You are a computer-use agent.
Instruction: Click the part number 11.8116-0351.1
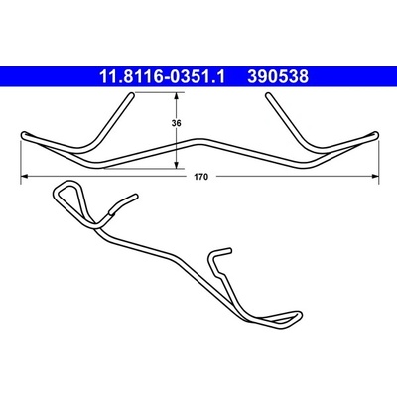(x=162, y=77)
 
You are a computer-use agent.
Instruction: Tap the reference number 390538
(x=278, y=77)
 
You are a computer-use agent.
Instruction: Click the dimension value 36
(x=177, y=123)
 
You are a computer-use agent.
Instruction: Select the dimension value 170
(x=201, y=177)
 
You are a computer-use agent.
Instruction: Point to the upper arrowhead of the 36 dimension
(x=177, y=96)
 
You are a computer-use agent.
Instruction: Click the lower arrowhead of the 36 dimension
(x=177, y=164)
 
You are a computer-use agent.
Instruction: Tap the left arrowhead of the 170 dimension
(x=25, y=177)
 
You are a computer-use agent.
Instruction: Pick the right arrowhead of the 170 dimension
(x=375, y=177)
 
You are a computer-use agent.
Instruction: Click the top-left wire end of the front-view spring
(x=131, y=95)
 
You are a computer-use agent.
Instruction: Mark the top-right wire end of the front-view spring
(x=268, y=95)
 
